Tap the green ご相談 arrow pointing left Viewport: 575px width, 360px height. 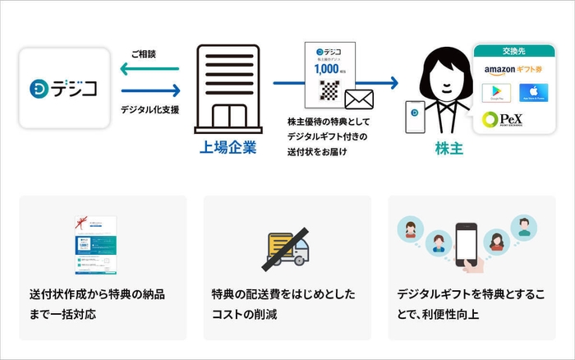[x=152, y=71]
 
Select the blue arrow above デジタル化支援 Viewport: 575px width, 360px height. [x=152, y=91]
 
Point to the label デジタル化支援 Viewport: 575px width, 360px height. [x=149, y=108]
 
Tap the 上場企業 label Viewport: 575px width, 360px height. [x=223, y=148]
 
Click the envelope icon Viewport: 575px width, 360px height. [x=358, y=100]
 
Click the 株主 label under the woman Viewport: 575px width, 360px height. [x=449, y=149]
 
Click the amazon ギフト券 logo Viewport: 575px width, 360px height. [x=515, y=71]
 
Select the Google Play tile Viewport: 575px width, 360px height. [x=496, y=93]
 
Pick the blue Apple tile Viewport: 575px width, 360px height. [x=534, y=93]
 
